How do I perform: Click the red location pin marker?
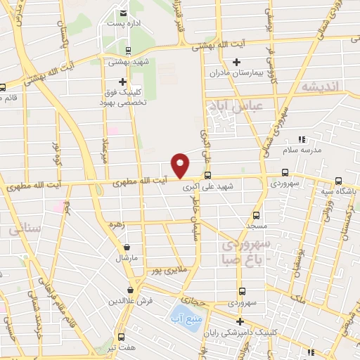coord(181,165)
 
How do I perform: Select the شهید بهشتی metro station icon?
coord(127,50)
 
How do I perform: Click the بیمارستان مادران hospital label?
coord(238,72)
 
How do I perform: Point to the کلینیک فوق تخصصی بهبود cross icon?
coord(123,82)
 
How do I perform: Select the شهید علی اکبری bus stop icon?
coord(207,175)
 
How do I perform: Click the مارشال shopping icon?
coord(127,247)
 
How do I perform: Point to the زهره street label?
coord(117,226)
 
